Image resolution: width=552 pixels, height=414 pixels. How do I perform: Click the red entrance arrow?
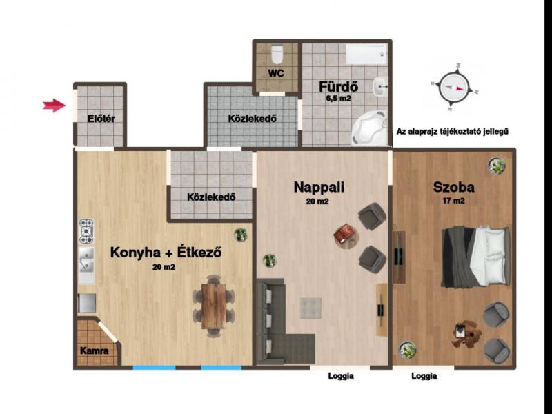click(55, 106)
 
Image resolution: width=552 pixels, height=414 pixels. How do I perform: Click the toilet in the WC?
click(277, 55)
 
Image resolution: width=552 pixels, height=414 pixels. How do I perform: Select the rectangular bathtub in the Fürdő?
click(366, 55)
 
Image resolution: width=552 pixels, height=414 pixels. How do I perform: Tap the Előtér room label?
click(101, 119)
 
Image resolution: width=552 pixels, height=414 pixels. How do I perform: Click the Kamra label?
click(94, 351)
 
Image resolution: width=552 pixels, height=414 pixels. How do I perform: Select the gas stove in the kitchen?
click(86, 231)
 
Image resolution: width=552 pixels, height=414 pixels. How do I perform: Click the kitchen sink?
click(86, 260)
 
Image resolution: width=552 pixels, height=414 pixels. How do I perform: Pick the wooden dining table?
click(214, 306)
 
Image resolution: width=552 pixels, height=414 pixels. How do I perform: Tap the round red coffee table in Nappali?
click(346, 233)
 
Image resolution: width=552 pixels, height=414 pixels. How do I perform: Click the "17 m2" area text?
click(453, 201)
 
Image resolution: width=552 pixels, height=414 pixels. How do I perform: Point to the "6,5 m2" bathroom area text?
click(338, 99)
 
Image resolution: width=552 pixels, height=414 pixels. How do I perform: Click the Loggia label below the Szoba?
click(424, 376)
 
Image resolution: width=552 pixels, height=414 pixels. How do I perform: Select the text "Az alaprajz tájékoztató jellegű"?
click(453, 132)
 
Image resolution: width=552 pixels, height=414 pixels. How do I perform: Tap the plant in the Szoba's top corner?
click(497, 166)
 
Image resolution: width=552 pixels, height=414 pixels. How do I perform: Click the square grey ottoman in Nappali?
click(311, 308)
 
